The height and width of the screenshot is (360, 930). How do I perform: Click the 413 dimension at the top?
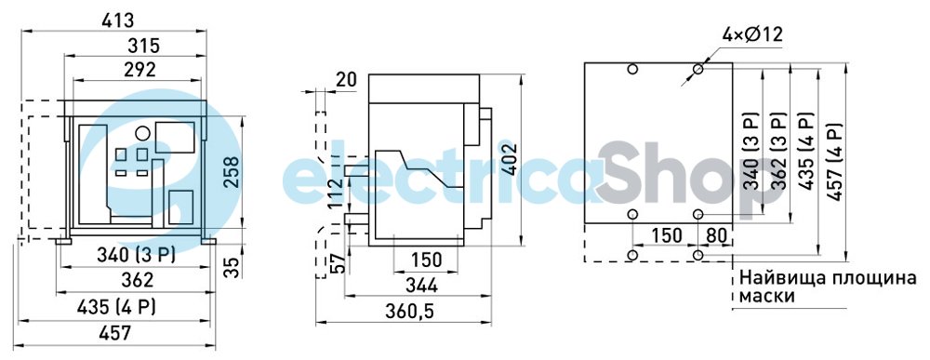point(118,20)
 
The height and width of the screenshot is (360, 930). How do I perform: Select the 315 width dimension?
point(144,46)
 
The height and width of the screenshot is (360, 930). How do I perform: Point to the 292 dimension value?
point(140,70)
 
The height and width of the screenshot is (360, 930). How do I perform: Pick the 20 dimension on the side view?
point(346,79)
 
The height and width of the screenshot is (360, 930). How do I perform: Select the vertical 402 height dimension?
point(510,159)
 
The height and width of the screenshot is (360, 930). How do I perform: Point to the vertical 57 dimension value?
point(337,263)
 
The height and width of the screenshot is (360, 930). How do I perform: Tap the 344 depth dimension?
point(421,286)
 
